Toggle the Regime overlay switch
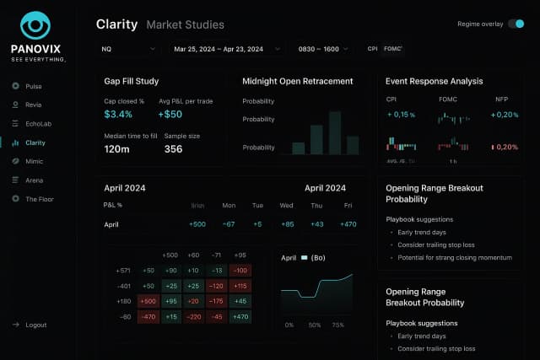click(516, 24)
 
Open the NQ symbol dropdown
click(126, 49)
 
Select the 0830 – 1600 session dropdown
click(322, 49)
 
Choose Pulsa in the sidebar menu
click(33, 86)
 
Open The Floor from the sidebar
click(39, 198)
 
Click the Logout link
click(35, 325)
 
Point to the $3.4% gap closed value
click(118, 114)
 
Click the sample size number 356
click(173, 149)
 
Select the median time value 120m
click(116, 149)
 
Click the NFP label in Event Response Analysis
click(502, 99)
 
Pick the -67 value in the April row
click(228, 224)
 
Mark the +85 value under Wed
click(287, 224)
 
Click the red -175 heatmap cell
click(216, 301)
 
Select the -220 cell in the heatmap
click(193, 317)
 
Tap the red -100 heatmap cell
click(240, 270)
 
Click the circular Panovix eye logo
click(36, 26)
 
